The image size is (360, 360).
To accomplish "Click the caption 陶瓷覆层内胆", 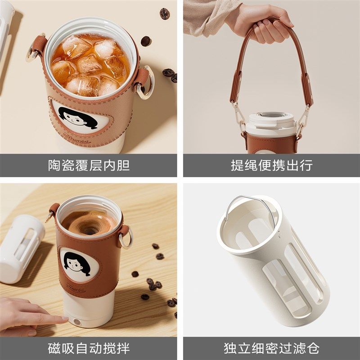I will [x=89, y=165].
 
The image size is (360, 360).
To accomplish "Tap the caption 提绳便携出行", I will [x=271, y=165].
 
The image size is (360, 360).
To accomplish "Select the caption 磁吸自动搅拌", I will [x=89, y=348].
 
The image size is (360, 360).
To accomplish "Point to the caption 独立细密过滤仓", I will [x=271, y=348].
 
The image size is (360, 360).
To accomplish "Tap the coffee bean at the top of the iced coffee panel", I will [x=165, y=13].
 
